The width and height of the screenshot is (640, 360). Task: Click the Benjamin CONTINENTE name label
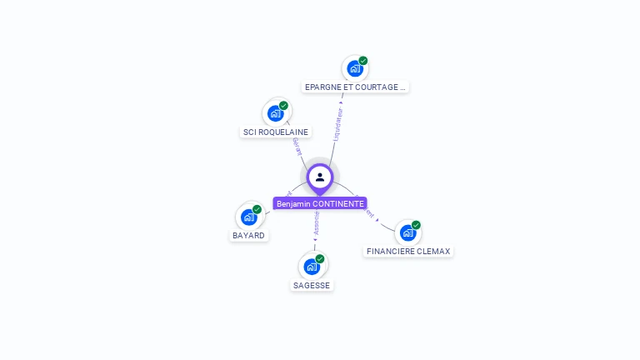tap(320, 204)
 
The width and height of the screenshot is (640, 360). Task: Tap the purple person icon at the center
tap(320, 177)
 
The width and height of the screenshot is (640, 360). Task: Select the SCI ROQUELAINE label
tap(275, 132)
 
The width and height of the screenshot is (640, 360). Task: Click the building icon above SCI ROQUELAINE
tap(275, 113)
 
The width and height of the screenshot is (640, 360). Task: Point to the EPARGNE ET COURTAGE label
tap(355, 87)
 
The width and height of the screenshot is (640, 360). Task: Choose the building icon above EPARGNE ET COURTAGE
tap(355, 68)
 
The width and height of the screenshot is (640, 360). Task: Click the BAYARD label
tap(248, 236)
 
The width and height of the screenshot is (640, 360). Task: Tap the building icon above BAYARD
tap(248, 217)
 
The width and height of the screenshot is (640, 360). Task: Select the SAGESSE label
tap(312, 285)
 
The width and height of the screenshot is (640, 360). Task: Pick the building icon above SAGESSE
tap(312, 267)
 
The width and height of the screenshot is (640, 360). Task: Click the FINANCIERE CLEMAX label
tap(408, 251)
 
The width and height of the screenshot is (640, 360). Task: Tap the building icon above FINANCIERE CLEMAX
tap(407, 232)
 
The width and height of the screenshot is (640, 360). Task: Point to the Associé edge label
tap(317, 222)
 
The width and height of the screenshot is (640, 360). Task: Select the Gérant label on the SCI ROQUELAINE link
tap(296, 148)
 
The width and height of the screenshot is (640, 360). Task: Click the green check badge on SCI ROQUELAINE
tap(283, 106)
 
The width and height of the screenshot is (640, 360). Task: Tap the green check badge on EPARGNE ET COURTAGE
tap(363, 61)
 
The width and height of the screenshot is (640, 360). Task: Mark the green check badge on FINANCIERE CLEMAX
tap(416, 225)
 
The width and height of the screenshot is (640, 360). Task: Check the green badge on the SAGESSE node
tap(320, 259)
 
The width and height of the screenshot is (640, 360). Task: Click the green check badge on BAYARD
tap(257, 209)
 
